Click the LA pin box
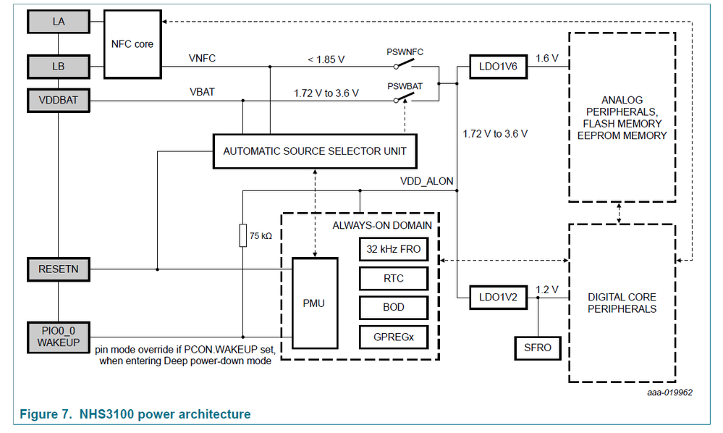pyautogui.click(x=59, y=22)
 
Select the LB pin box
pyautogui.click(x=59, y=67)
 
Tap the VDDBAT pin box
pyautogui.click(x=59, y=101)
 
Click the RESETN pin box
pyautogui.click(x=59, y=269)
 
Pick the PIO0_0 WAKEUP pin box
pyautogui.click(x=59, y=336)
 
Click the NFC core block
pyautogui.click(x=132, y=44)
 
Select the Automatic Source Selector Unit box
pyautogui.click(x=315, y=151)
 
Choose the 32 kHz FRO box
pyautogui.click(x=393, y=249)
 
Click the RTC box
pyautogui.click(x=393, y=278)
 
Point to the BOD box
pyautogui.click(x=393, y=307)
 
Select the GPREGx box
pyautogui.click(x=393, y=336)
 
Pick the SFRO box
pyautogui.click(x=537, y=348)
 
